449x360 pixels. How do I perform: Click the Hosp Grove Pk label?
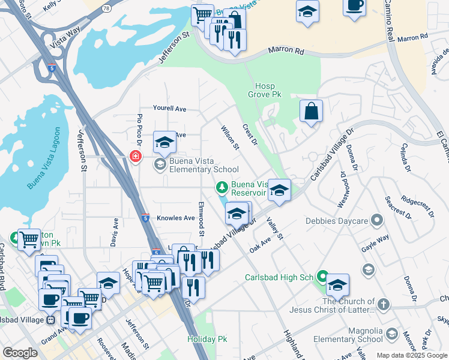265,90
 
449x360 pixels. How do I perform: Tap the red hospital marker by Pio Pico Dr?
136,156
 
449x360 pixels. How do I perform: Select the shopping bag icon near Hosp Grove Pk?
311,111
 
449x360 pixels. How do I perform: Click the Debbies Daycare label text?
340,221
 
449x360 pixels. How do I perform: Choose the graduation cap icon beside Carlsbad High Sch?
337,284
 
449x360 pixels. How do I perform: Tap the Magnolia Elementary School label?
348,335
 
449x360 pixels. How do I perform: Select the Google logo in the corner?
20,353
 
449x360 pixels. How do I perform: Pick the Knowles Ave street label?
176,218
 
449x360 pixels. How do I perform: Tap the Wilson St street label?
230,137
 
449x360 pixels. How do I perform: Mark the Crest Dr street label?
250,134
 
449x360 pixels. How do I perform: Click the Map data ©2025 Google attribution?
411,355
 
